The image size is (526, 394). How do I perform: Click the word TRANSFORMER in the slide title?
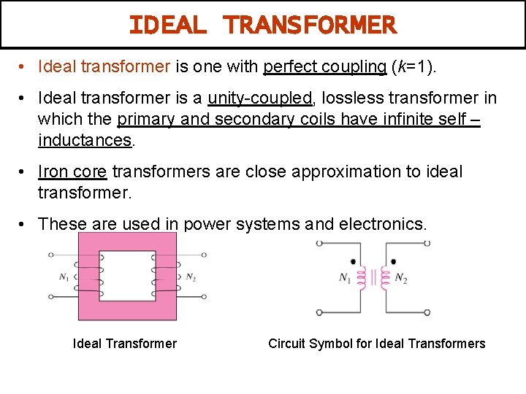click(x=310, y=26)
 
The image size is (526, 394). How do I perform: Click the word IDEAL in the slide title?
click(x=167, y=26)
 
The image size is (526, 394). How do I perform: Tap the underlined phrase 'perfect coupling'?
click(x=324, y=67)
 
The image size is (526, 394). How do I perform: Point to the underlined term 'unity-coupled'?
click(x=260, y=98)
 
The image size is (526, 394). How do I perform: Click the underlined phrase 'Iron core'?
click(x=72, y=171)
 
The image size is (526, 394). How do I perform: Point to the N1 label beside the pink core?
click(x=65, y=277)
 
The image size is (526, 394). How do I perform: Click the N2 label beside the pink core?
click(x=191, y=277)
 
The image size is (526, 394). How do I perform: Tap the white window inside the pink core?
click(x=127, y=276)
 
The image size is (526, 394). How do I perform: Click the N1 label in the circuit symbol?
click(x=346, y=278)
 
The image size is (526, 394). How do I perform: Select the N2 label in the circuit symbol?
click(x=400, y=278)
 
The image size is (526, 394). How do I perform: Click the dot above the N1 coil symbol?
click(x=354, y=261)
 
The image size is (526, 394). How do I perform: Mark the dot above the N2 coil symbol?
click(x=392, y=261)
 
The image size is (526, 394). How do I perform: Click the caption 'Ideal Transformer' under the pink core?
click(x=125, y=344)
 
